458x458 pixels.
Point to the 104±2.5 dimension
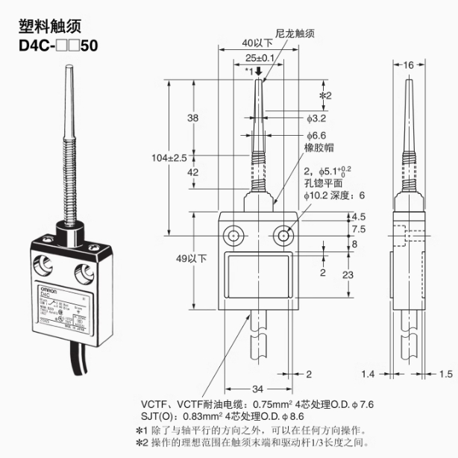pos(168,157)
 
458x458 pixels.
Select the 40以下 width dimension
pos(258,43)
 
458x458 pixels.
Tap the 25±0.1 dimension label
pos(258,57)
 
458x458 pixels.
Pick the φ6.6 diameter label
pos(316,136)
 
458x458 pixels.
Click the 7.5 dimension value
pos(358,229)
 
